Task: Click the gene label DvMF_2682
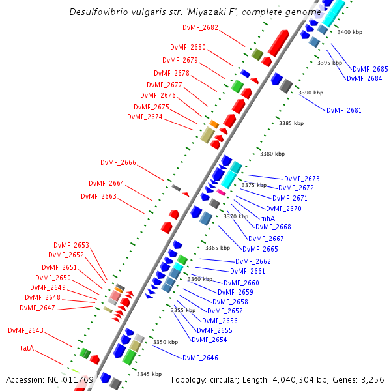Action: [x=201, y=27]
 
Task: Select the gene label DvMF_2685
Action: [x=370, y=69]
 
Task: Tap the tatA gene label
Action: [x=27, y=348]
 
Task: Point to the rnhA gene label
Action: [x=267, y=218]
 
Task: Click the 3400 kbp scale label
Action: [x=351, y=32]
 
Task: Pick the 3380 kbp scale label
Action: [x=272, y=154]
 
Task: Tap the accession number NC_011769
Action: [x=71, y=379]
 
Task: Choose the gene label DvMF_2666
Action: [x=118, y=162]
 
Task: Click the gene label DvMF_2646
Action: [x=200, y=358]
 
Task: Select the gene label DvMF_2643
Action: [x=25, y=330]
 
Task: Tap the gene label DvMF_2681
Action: [x=343, y=110]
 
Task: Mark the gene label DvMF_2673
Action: [x=302, y=179]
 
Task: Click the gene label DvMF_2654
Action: [x=209, y=339]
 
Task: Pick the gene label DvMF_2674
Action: [x=145, y=117]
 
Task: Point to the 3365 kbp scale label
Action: [x=218, y=248]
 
